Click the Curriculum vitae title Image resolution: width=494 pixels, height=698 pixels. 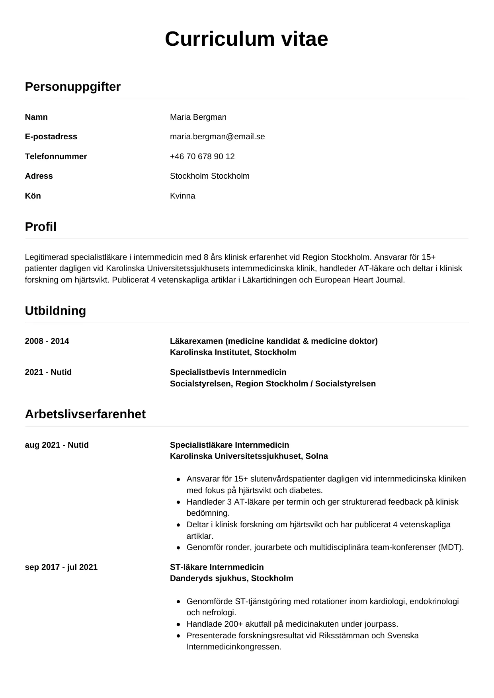pos(246,39)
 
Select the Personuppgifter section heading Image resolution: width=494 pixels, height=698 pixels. pos(72,87)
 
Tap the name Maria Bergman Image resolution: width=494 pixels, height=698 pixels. pos(198,117)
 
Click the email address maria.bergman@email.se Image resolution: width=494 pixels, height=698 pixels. pos(217,136)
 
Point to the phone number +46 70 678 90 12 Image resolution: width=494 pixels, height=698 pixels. pos(202,156)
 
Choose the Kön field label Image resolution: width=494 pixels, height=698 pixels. pos(33,196)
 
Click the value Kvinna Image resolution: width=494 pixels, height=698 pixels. pos(182,196)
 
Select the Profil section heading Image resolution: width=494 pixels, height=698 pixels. pos(41,227)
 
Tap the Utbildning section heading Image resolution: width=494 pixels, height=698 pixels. pos(55,311)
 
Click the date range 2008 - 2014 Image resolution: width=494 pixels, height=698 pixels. pos(47,341)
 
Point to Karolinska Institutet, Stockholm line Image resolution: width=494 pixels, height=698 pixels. pos(233,352)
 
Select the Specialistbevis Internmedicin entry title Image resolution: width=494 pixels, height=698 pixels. pos(228,372)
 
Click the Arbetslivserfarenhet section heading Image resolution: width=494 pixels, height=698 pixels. pos(85,414)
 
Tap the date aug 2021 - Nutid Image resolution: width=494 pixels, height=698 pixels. pos(57,445)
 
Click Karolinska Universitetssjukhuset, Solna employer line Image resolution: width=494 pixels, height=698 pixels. pos(249,456)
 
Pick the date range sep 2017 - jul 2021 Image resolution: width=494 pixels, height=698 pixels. pos(61,567)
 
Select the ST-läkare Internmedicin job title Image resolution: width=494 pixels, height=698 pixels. pos(217,567)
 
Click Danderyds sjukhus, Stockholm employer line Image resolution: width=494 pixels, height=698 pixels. pos(231,578)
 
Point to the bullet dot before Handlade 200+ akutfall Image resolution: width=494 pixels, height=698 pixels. pos(178,624)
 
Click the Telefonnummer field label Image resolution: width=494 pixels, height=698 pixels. pos(56,156)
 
